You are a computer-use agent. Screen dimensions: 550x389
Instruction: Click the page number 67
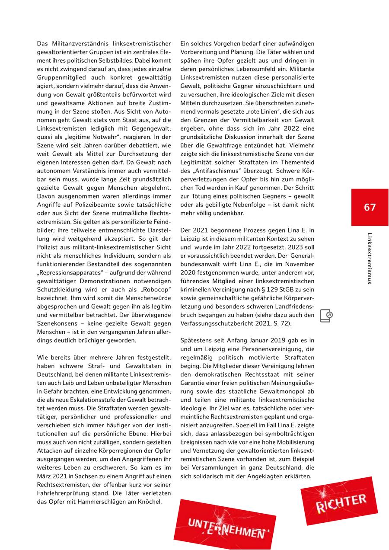[x=370, y=207]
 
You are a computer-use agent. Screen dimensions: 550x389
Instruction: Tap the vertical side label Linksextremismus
[x=369, y=258]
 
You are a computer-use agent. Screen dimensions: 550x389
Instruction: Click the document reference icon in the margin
[x=326, y=316]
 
